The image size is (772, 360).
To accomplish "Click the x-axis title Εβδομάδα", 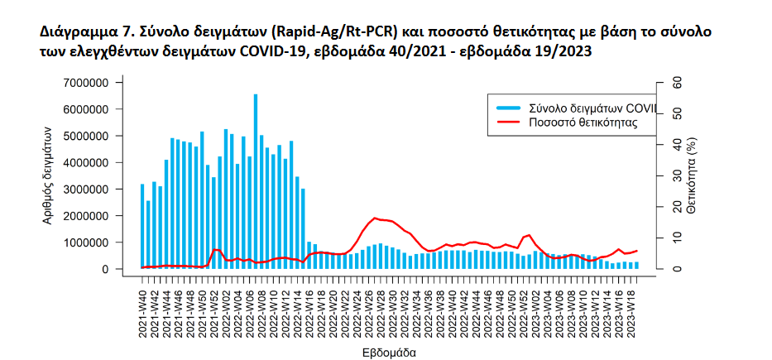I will (389, 352).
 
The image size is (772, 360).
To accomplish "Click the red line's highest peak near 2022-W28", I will (376, 218).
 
